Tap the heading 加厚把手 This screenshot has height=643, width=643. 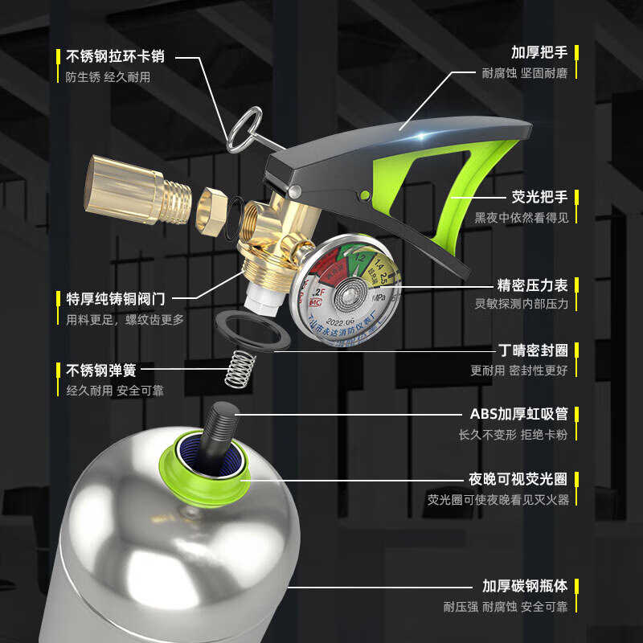539,52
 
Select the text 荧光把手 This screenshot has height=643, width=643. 539,196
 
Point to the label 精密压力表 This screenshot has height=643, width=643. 532,285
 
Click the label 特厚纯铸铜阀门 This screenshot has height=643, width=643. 116,298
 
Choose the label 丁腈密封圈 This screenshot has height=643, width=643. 532,350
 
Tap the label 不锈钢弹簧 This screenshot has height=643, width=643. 101,370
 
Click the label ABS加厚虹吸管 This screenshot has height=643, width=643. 518,414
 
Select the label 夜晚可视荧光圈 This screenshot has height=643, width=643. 518,479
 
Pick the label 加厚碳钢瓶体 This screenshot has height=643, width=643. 525,586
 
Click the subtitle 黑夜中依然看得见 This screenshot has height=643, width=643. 521,218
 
